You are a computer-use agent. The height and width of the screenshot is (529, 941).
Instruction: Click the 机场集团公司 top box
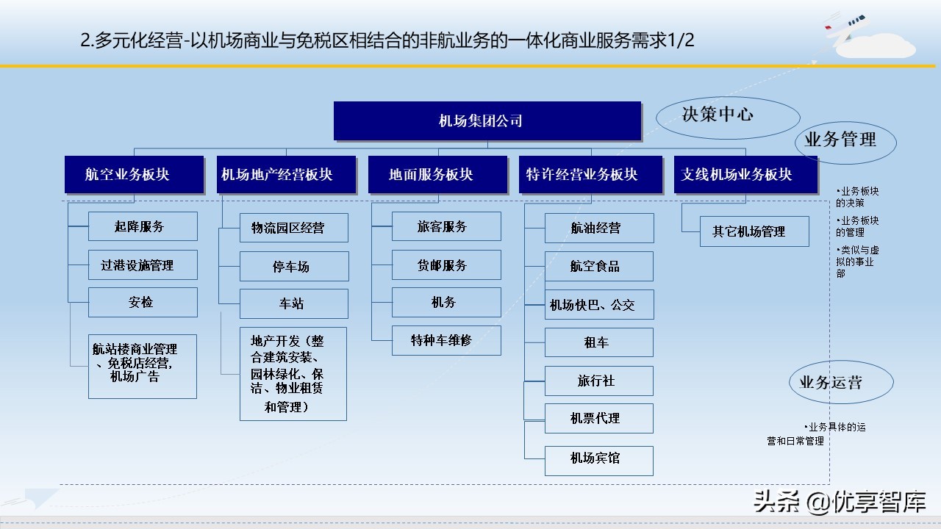tap(487, 121)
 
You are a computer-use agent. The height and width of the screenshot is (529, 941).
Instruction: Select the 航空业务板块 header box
tap(134, 175)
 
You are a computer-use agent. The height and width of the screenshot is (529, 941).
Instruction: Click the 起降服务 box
tap(143, 226)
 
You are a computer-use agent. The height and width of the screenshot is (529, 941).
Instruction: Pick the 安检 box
tap(143, 302)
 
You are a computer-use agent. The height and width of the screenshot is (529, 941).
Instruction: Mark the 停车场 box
tap(294, 267)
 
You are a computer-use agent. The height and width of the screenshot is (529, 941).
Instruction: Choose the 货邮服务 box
tap(446, 265)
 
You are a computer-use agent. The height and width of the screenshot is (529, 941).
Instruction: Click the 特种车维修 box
tap(446, 341)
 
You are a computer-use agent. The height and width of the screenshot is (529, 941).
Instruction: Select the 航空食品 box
tap(598, 267)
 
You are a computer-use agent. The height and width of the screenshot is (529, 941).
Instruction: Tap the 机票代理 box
tap(598, 418)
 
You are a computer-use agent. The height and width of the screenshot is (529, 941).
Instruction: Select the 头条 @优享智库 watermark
tap(838, 502)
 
